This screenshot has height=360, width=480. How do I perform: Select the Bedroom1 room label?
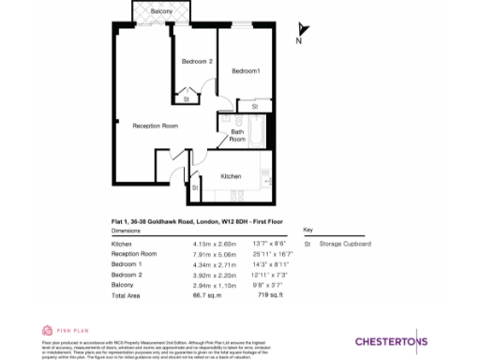(246, 71)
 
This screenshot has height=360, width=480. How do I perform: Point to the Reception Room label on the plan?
(155, 126)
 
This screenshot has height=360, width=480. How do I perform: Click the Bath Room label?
(238, 135)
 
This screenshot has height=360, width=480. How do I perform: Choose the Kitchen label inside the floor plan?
(232, 176)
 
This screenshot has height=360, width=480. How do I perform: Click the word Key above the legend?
(307, 230)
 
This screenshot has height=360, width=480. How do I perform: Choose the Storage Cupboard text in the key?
(345, 244)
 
